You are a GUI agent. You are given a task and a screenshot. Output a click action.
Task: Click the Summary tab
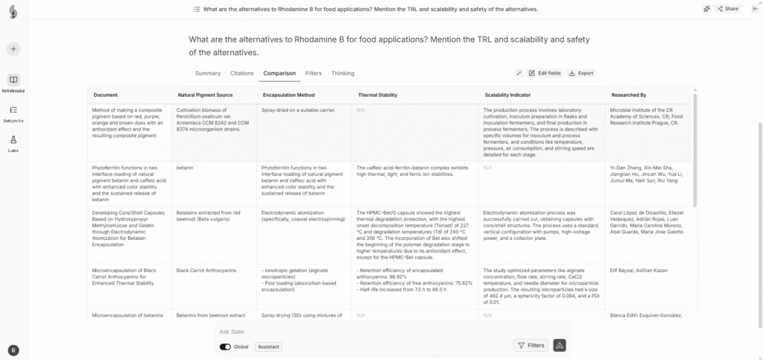point(207,73)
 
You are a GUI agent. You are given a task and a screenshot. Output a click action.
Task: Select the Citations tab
point(241,73)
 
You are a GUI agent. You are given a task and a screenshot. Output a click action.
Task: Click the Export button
point(581,73)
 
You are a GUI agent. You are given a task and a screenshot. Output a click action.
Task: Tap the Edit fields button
point(543,73)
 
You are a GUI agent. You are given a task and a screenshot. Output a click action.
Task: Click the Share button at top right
point(727,9)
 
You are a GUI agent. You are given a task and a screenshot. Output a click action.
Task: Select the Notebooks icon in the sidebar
point(13,80)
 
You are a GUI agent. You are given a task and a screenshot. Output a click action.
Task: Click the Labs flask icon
point(13,140)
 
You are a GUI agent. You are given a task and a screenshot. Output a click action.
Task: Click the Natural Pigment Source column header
point(205,95)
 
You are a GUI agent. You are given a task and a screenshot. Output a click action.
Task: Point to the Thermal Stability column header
point(377,95)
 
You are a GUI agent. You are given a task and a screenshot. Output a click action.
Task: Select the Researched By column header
point(628,95)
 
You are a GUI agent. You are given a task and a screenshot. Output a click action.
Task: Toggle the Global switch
point(225,347)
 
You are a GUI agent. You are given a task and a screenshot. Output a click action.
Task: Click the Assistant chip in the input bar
point(268,347)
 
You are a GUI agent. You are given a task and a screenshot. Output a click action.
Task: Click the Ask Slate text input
point(358,331)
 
